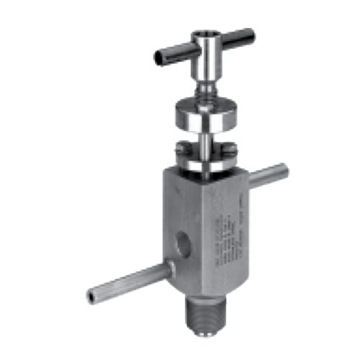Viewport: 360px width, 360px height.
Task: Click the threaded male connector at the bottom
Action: [207, 316]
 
